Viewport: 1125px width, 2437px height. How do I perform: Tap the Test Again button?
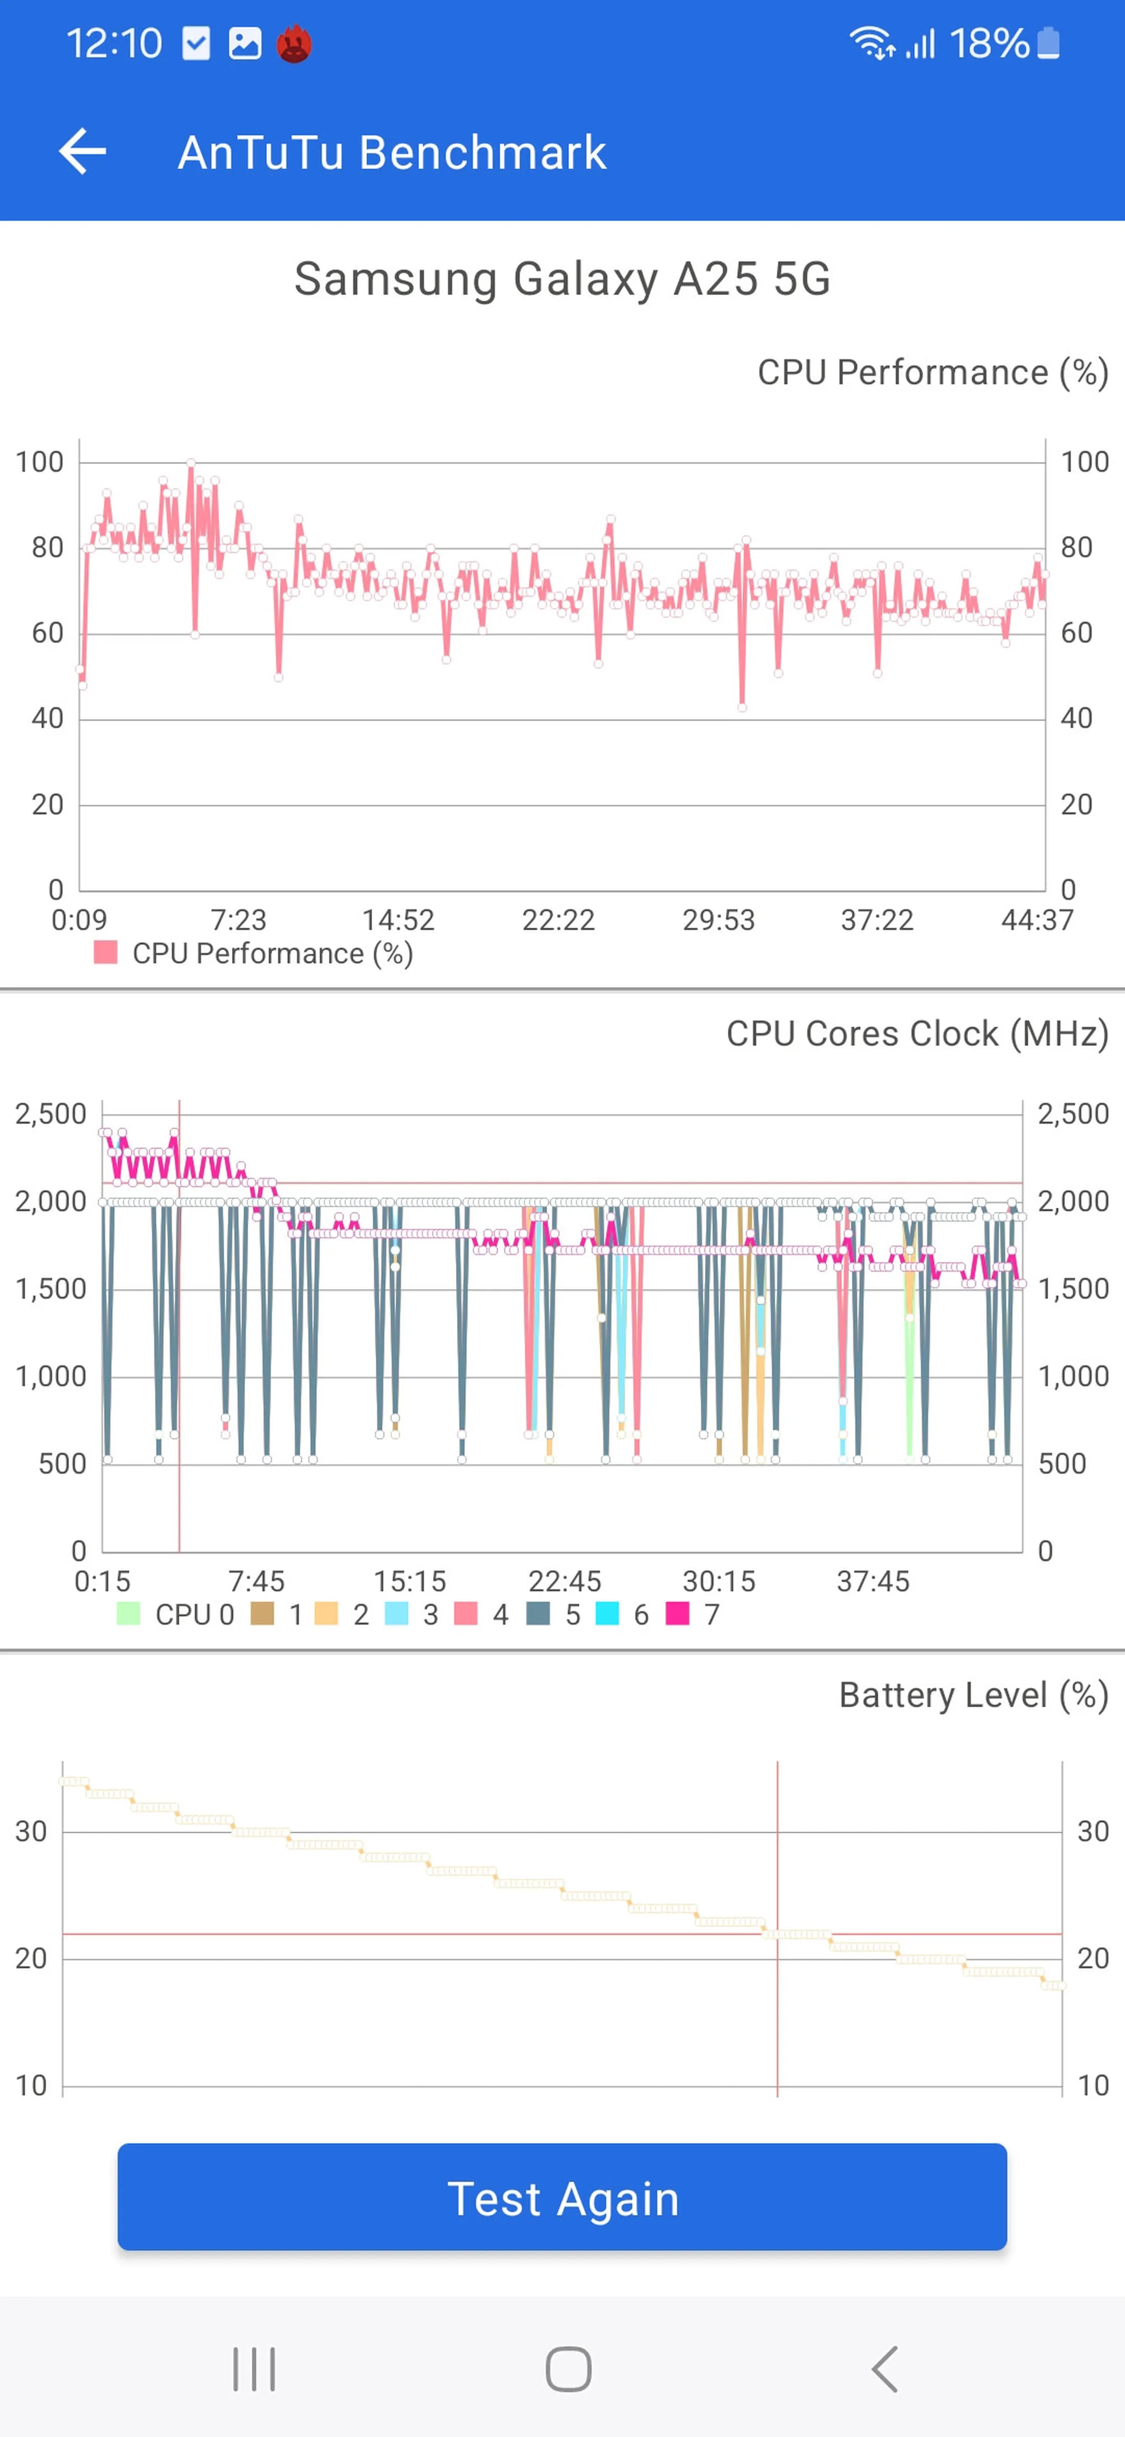pyautogui.click(x=562, y=2197)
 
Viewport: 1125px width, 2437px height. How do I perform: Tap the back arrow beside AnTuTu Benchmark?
pyautogui.click(x=82, y=152)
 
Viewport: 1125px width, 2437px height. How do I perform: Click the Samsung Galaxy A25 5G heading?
pyautogui.click(x=562, y=279)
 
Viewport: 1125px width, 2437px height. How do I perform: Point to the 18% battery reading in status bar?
pyautogui.click(x=989, y=43)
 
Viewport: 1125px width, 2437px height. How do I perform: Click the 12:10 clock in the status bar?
pyautogui.click(x=114, y=43)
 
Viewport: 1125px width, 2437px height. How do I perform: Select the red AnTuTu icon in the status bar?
pyautogui.click(x=294, y=43)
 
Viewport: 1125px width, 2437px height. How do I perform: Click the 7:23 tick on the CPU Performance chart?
pyautogui.click(x=238, y=919)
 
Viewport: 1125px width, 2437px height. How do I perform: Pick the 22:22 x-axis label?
pyautogui.click(x=558, y=919)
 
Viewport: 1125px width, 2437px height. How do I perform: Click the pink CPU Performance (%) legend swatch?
pyautogui.click(x=106, y=952)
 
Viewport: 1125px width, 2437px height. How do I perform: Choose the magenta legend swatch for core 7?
pyautogui.click(x=677, y=1613)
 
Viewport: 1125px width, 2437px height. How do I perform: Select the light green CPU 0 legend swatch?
pyautogui.click(x=128, y=1613)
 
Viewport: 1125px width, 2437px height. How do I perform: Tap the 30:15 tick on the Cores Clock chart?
pyautogui.click(x=719, y=1581)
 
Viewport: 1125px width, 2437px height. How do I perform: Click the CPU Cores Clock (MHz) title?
pyautogui.click(x=917, y=1033)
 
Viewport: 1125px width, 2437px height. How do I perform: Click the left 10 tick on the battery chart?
pyautogui.click(x=31, y=2085)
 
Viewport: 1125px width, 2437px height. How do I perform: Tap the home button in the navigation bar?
pyautogui.click(x=569, y=2369)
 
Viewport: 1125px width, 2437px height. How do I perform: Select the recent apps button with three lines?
pyautogui.click(x=254, y=2369)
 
